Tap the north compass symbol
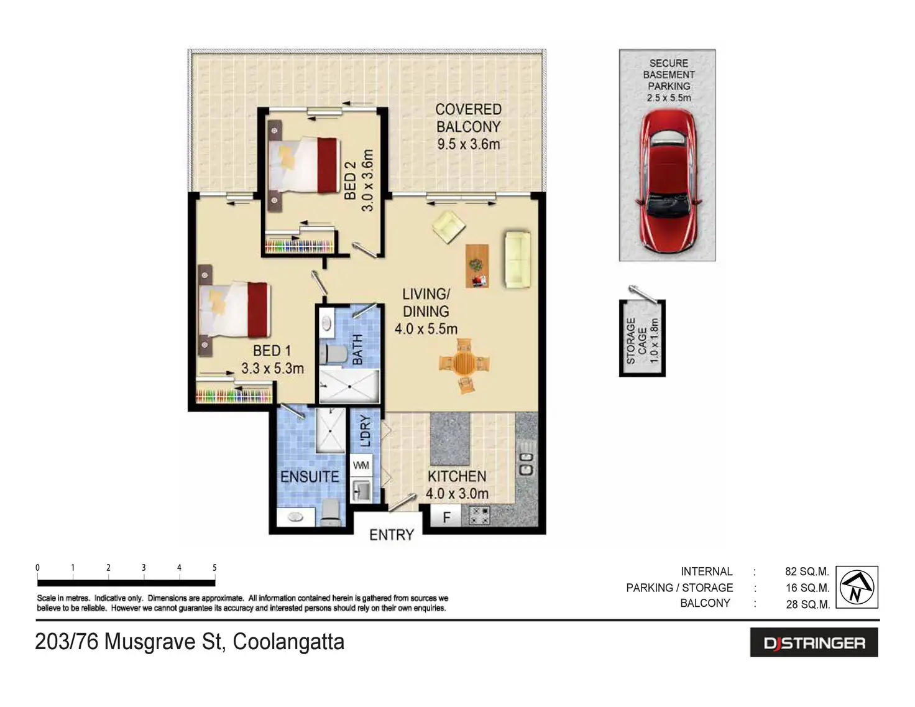[x=857, y=587]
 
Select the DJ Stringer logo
[x=814, y=643]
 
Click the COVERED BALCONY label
[x=468, y=127]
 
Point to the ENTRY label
[x=391, y=535]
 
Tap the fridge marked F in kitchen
[x=446, y=517]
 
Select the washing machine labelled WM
[x=361, y=465]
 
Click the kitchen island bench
[x=450, y=438]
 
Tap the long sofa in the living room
[x=517, y=259]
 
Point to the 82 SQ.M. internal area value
[x=807, y=571]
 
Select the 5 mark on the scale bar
[x=214, y=568]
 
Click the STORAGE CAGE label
[x=642, y=340]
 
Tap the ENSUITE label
[x=310, y=477]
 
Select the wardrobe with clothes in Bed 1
[x=234, y=394]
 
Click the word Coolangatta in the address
[x=288, y=642]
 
